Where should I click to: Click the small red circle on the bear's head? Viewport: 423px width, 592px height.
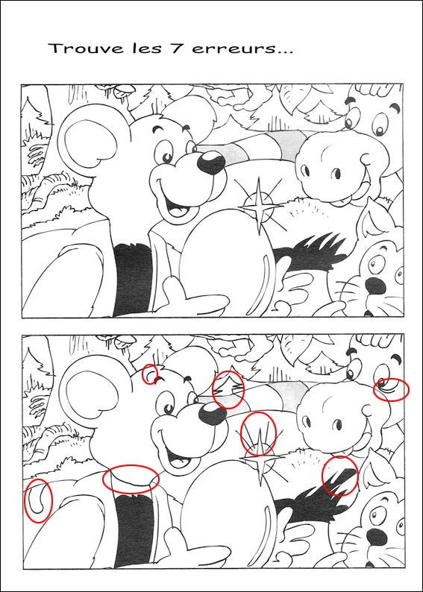coord(150,374)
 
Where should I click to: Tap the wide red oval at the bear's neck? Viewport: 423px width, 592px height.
coord(131,478)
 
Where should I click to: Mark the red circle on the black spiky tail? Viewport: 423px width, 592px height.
coord(339,476)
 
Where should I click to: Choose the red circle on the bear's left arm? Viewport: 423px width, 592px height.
coord(39,500)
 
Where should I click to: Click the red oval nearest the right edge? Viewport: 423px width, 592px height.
coord(391,389)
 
